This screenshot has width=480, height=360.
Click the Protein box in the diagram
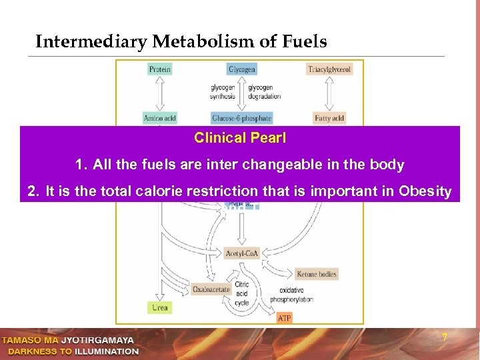tap(160, 69)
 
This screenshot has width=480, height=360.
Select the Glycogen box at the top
tap(242, 69)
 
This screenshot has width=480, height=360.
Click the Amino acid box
tap(160, 119)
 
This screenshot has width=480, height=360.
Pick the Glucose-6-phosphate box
tap(242, 119)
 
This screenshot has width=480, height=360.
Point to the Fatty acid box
tap(329, 119)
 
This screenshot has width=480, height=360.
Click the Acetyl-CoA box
tap(242, 253)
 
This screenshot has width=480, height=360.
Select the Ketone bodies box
tap(317, 274)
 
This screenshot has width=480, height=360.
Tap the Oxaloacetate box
tap(211, 289)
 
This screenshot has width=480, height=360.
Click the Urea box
tap(160, 307)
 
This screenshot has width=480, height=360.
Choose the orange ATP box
tap(285, 318)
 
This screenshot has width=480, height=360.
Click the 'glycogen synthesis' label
tap(223, 92)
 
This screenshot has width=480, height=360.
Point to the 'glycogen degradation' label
tap(265, 92)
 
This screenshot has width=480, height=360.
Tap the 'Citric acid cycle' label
tap(242, 293)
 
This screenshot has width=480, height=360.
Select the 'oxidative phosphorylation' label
tap(291, 295)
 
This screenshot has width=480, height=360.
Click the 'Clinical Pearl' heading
tap(240, 138)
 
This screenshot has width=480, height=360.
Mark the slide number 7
tap(445, 338)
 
